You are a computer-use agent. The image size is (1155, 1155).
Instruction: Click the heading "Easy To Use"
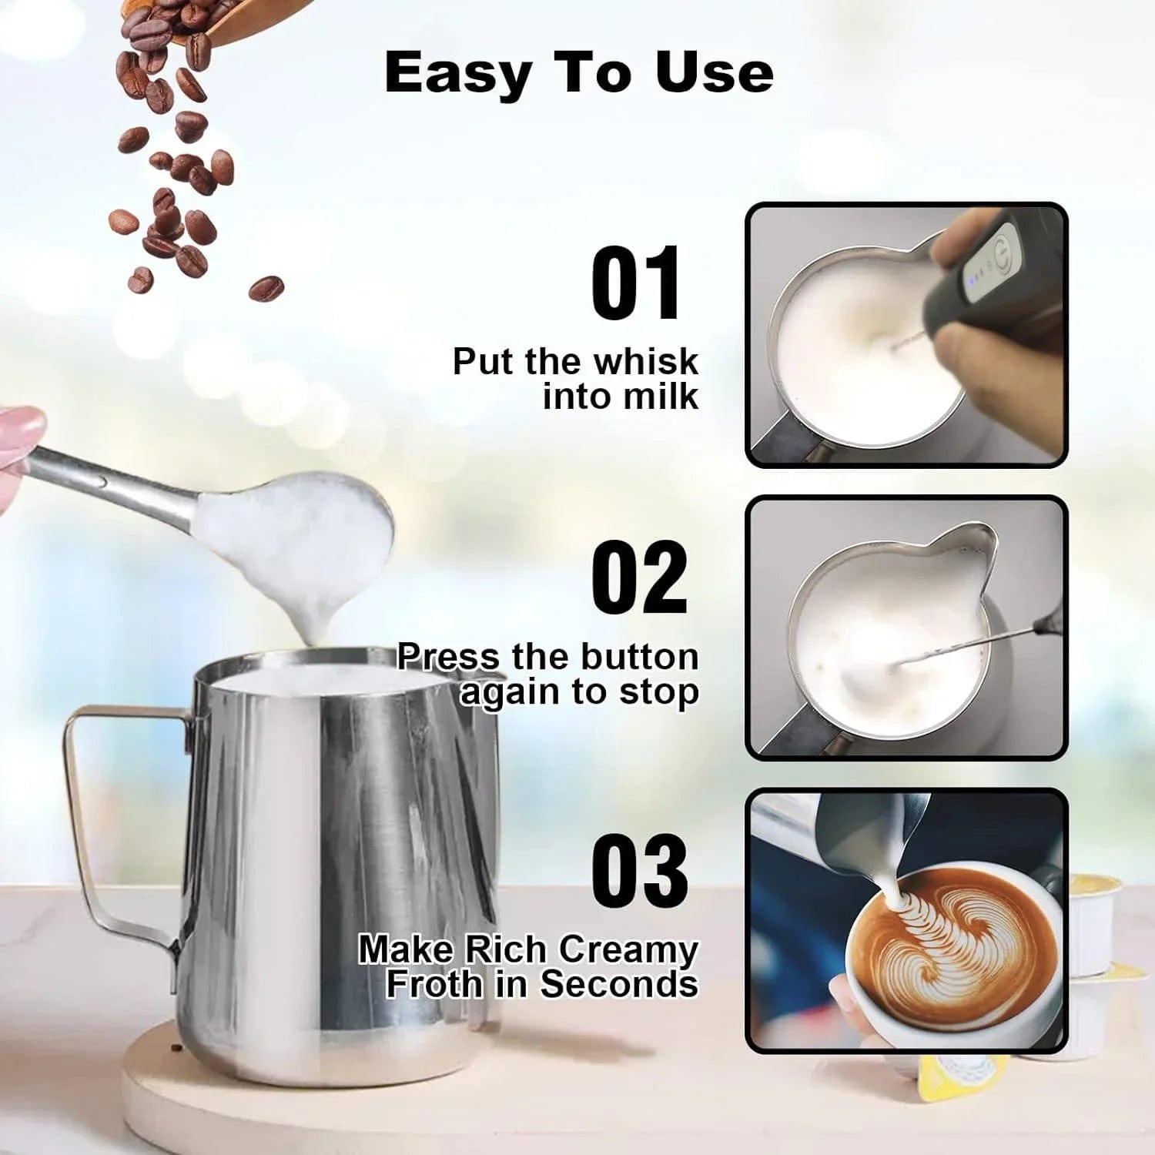578,73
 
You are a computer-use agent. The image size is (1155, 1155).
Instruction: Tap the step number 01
636,283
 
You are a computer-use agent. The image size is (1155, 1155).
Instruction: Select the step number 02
639,577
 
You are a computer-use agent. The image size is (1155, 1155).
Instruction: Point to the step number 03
639,870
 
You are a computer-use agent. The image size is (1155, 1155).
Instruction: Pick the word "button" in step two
639,657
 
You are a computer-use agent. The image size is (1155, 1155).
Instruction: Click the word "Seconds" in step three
619,983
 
